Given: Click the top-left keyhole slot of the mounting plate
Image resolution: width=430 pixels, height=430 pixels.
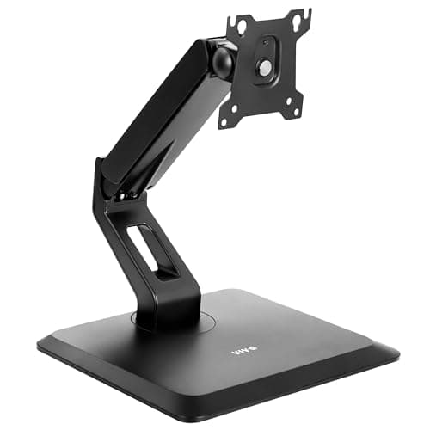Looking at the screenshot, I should click(x=242, y=27).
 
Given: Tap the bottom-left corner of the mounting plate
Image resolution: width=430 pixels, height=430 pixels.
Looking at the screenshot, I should click(x=225, y=123).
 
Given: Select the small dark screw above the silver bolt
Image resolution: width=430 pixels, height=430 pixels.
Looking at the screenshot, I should click(x=263, y=41).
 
